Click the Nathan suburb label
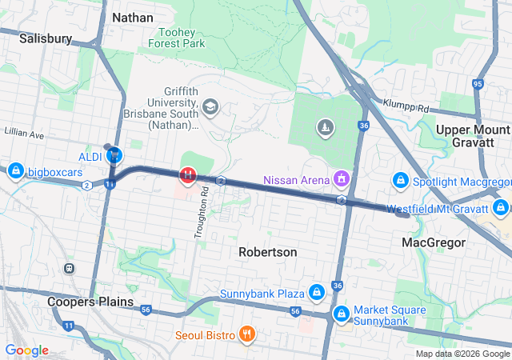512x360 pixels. pos(132,16)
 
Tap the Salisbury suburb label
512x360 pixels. pos(46,38)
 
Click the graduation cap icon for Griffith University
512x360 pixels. pos(210,106)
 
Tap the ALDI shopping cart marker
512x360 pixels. pos(115,154)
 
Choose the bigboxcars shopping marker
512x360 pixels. pos(15,170)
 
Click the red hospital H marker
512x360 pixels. pos(187,174)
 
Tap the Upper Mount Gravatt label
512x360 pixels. pos(473,137)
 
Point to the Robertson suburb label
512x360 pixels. pos(268,252)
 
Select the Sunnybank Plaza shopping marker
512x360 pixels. pos(317,293)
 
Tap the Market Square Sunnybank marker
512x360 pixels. pos(342,314)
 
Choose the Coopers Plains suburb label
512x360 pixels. pos(87,302)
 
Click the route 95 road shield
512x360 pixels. pos(478,83)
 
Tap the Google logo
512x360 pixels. pos(26,350)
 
